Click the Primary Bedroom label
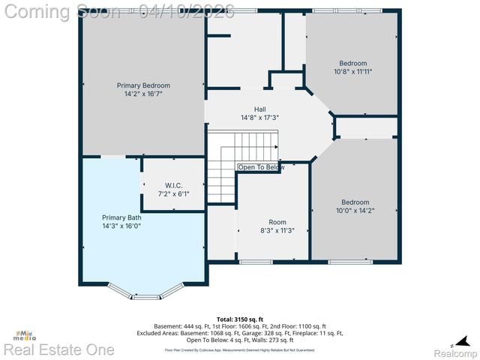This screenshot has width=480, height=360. click(142, 85)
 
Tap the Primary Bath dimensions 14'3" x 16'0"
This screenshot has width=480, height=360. click(121, 226)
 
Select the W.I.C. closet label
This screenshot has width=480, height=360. click(173, 185)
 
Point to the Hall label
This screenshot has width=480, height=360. click(259, 109)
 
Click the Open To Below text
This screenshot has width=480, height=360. click(261, 167)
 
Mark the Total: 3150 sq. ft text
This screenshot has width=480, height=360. click(239, 319)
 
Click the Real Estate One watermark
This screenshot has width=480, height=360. click(58, 349)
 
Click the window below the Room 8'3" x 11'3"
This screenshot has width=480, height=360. click(256, 262)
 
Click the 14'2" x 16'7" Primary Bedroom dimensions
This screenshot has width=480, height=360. click(142, 94)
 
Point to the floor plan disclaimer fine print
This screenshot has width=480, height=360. click(239, 349)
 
